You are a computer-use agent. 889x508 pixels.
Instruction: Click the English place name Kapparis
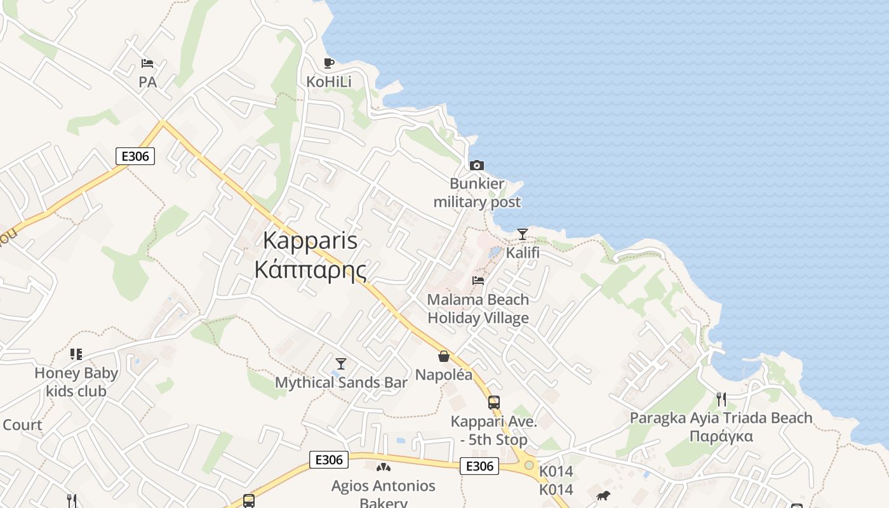coord(310,241)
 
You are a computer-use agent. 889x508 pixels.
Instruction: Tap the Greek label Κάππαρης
coord(310,269)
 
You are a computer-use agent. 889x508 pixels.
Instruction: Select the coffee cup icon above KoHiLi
coord(328,63)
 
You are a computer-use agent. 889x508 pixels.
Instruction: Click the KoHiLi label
coord(328,82)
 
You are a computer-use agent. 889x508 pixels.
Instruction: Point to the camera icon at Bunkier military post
coord(476,165)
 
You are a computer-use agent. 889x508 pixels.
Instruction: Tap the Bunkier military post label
coord(476,193)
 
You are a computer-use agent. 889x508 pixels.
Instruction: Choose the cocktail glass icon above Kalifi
coord(522,234)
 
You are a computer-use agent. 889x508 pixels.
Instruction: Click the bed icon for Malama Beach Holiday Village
coord(478,281)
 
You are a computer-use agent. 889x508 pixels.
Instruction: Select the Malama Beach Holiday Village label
coord(478,309)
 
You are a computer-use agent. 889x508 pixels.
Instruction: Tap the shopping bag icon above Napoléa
coord(444,356)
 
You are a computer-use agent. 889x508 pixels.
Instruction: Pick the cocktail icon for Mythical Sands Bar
coord(341,363)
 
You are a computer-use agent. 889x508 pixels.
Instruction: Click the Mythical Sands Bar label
coord(341,382)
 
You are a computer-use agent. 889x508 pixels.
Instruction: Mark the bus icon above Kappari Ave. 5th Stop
coord(493,402)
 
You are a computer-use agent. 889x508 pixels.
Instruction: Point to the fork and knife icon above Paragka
coord(721,399)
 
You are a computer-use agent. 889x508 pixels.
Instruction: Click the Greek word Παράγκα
coord(721,436)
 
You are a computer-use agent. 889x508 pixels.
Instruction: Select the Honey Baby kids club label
coord(76,382)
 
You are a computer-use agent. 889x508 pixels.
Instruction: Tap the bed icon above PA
coord(147,63)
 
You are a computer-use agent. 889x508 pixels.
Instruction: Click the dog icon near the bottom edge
coord(603,495)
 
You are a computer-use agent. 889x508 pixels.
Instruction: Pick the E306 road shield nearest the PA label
coord(135,156)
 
